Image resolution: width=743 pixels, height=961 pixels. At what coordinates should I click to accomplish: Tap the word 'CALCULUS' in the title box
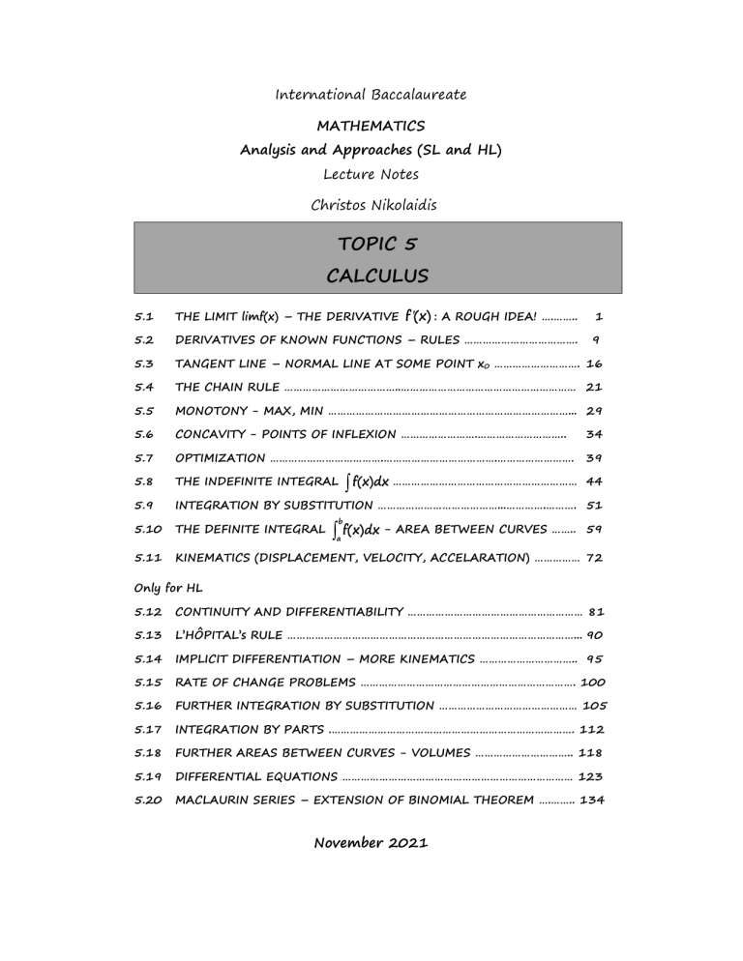tap(371, 276)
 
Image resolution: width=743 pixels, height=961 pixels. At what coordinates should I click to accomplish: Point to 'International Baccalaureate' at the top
tap(371, 95)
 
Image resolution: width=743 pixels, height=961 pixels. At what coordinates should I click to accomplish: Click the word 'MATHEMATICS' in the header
tap(371, 126)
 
